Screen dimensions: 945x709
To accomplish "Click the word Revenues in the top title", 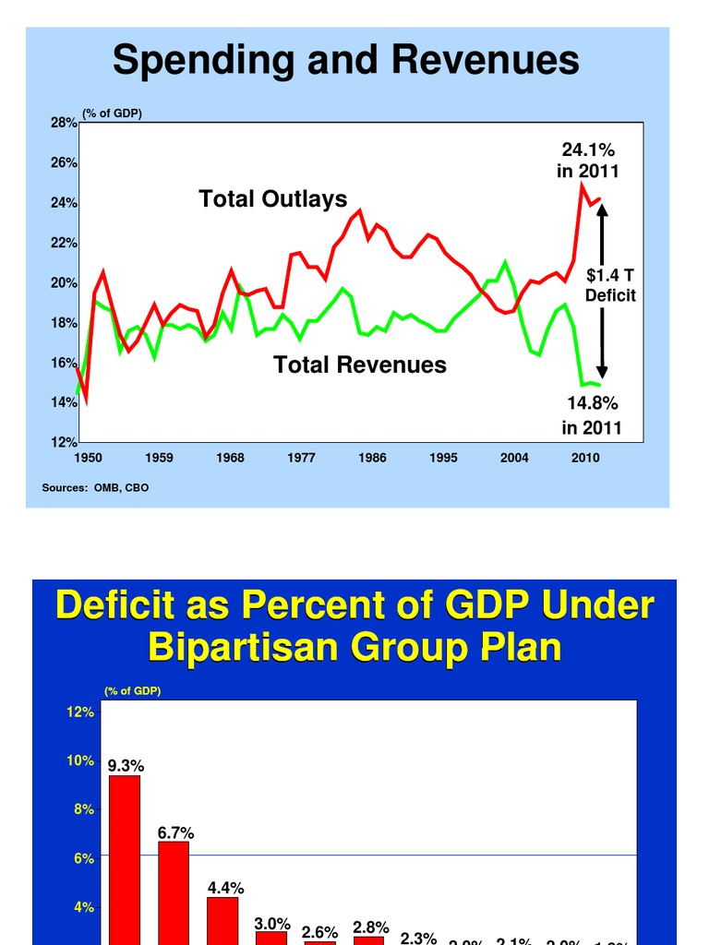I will click(x=486, y=61).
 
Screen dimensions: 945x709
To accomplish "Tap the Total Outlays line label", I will click(x=273, y=199).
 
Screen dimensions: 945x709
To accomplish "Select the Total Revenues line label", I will click(x=359, y=365).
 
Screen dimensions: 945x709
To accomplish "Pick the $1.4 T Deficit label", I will click(x=610, y=285).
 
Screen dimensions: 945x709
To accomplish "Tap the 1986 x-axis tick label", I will click(x=372, y=457).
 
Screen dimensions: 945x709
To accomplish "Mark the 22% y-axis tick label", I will click(x=64, y=243).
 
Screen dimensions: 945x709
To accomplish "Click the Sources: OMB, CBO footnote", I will click(x=95, y=487).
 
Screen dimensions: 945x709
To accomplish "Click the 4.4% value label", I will click(x=225, y=888).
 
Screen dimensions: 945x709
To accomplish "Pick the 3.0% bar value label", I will click(x=272, y=923).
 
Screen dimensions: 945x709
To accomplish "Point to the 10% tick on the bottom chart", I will click(x=80, y=761).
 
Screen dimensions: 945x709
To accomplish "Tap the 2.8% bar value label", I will click(x=371, y=927).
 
